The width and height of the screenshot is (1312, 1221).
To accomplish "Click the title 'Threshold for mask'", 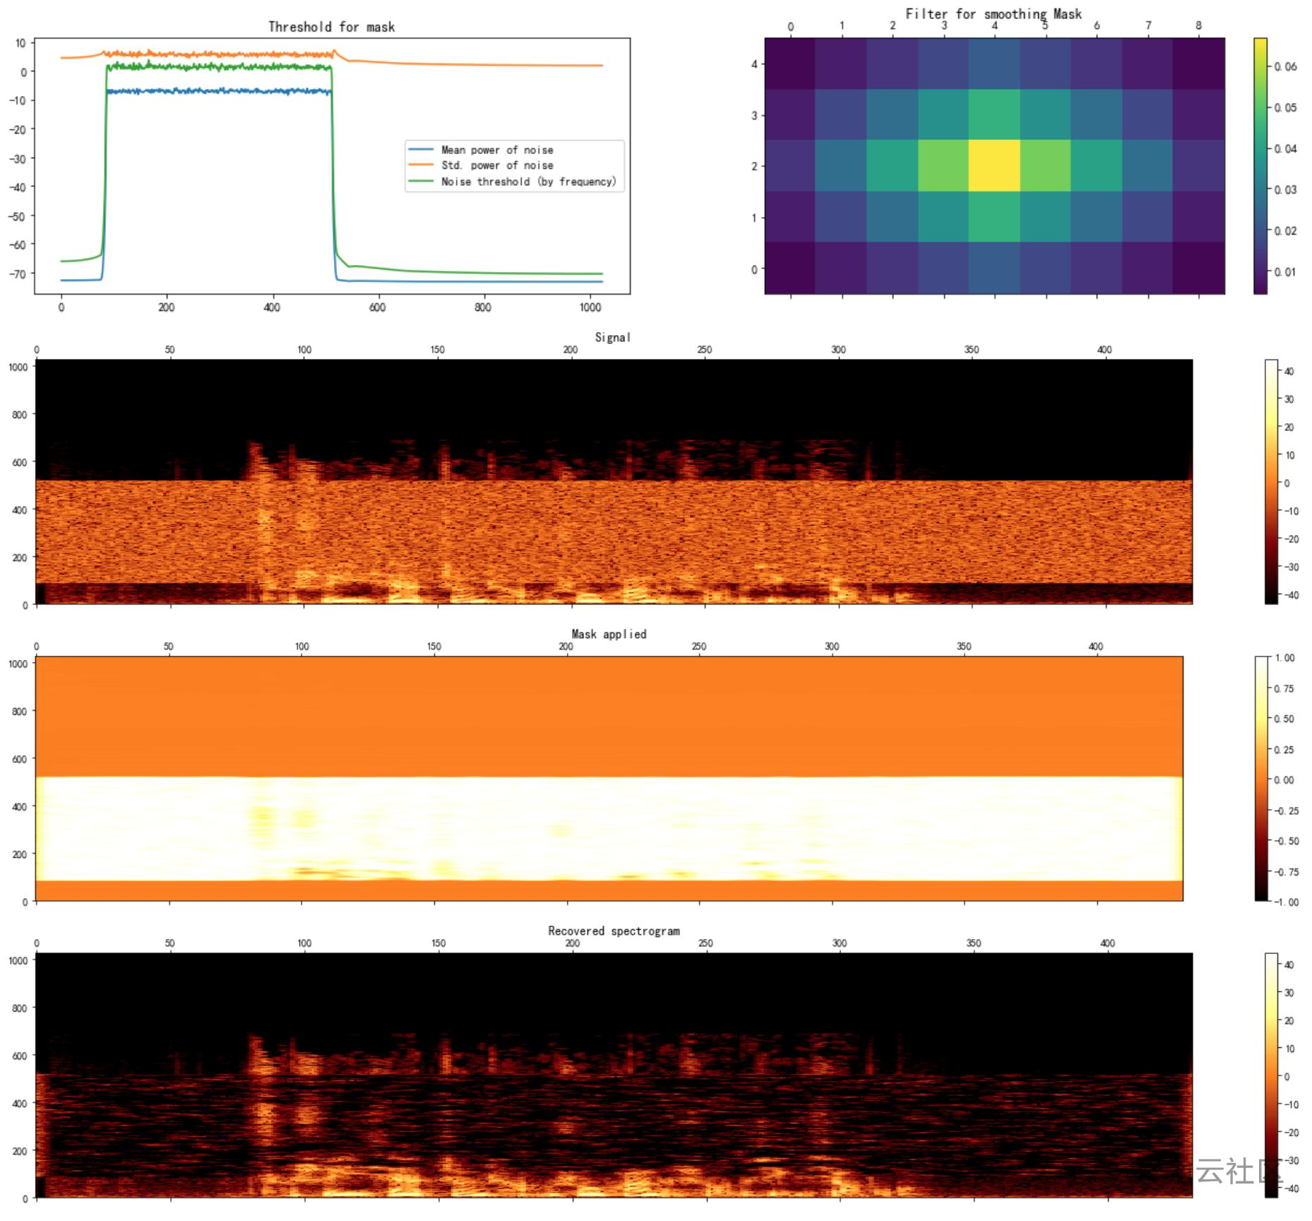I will tap(331, 27).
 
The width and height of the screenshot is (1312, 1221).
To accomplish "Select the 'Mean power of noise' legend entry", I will tap(496, 150).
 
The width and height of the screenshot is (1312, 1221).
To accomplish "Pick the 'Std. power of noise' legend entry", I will tap(496, 165).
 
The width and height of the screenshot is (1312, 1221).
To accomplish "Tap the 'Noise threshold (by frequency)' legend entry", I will tap(527, 182).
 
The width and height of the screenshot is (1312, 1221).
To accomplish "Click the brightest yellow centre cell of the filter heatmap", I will tap(994, 165).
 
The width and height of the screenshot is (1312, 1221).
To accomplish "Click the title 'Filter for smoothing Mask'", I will tap(993, 13).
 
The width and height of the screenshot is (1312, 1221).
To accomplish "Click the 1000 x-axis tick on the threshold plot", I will tap(590, 307).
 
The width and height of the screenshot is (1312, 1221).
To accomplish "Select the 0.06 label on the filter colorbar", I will tap(1286, 66).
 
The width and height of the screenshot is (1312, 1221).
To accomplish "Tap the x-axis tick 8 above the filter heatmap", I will tap(1198, 25).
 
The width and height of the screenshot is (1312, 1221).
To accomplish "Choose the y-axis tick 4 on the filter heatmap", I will tap(754, 64).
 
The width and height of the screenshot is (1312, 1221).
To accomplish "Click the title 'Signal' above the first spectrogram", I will tap(612, 337).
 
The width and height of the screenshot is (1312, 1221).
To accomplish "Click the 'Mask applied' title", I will tap(609, 634).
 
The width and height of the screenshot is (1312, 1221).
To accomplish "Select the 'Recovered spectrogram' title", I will tap(614, 931).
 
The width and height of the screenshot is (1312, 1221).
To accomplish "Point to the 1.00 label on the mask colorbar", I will tap(1284, 658).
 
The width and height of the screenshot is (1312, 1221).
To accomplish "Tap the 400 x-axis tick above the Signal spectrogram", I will tap(1104, 350).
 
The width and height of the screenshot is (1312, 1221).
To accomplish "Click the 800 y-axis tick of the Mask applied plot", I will tap(19, 712).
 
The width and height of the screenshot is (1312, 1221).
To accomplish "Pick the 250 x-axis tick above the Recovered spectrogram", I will tap(705, 943).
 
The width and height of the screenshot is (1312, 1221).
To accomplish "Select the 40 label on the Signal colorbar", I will tap(1289, 372).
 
